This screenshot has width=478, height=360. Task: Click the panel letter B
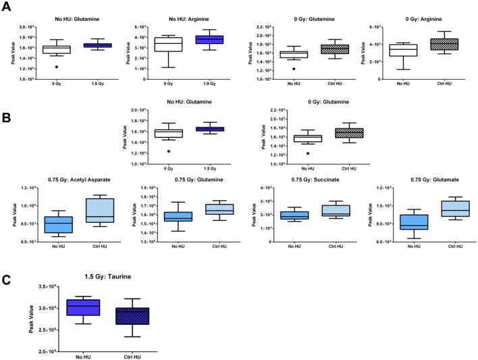(x=6, y=116)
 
